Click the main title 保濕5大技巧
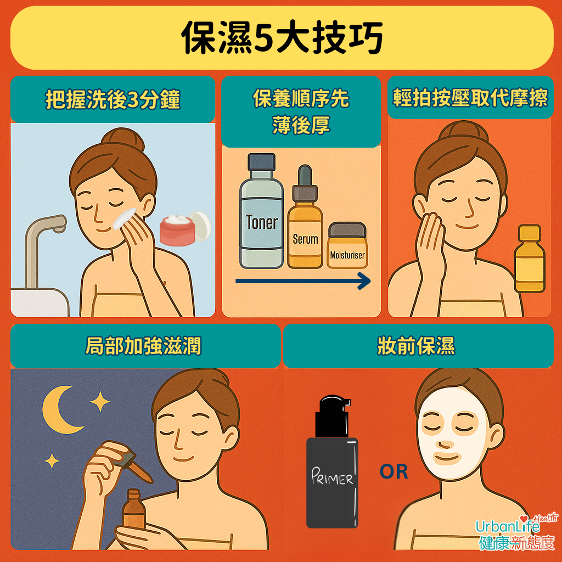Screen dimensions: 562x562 tap(282, 38)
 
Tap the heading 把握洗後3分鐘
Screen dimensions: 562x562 tap(113, 100)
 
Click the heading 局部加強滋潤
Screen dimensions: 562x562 tap(144, 346)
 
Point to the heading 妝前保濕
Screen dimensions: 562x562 tap(417, 346)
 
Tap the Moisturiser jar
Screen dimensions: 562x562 tap(347, 246)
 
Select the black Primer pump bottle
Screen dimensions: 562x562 tap(331, 467)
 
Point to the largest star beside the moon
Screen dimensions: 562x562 tap(100, 402)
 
